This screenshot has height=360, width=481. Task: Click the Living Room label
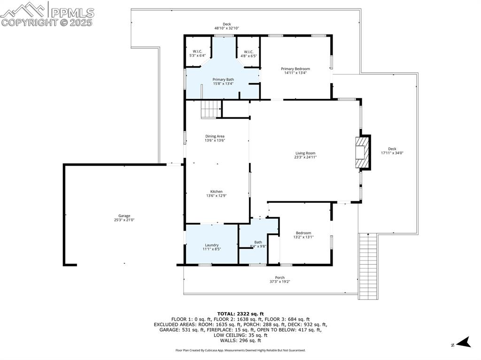pyautogui.click(x=305, y=153)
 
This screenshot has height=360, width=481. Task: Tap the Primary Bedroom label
pyautogui.click(x=295, y=69)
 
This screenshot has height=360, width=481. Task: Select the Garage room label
pyautogui.click(x=124, y=216)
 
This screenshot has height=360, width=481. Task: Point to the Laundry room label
pyautogui.click(x=212, y=245)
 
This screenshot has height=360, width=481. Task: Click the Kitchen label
pyautogui.click(x=216, y=191)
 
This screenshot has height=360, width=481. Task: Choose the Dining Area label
pyautogui.click(x=215, y=136)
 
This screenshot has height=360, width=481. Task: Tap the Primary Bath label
pyautogui.click(x=223, y=79)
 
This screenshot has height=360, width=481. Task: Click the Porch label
pyautogui.click(x=280, y=277)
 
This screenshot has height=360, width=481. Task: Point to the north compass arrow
pyautogui.click(x=466, y=342)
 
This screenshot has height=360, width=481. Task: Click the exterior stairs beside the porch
pyautogui.click(x=368, y=266)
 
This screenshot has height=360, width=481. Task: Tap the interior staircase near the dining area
pyautogui.click(x=211, y=109)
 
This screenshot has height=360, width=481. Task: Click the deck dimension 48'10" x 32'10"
pyautogui.click(x=227, y=28)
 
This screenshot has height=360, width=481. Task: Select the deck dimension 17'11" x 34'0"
pyautogui.click(x=392, y=153)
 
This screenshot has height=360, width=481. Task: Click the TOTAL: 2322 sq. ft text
pyautogui.click(x=240, y=314)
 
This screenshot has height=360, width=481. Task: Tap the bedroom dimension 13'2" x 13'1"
pyautogui.click(x=303, y=237)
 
